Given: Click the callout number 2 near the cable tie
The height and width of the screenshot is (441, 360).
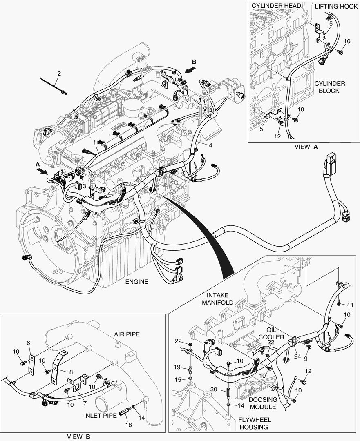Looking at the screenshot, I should tap(59, 74).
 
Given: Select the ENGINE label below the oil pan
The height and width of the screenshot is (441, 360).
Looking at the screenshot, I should tap(136, 282).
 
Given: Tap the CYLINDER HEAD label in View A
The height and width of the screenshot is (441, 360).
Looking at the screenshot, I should tap(276, 6).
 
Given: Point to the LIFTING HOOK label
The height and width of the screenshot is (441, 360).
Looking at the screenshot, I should tap(336, 7).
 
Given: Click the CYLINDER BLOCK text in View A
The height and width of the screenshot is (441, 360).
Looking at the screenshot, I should tap(329, 87).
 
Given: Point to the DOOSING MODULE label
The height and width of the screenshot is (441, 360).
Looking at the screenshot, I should tap(263, 403).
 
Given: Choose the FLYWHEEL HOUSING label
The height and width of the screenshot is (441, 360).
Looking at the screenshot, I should tap(255, 423).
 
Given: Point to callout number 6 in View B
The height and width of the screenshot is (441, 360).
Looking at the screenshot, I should tap(28, 343).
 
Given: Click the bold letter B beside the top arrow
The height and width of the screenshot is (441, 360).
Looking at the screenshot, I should tap(194, 62).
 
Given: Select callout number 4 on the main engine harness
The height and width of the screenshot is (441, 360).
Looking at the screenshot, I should tap(210, 145).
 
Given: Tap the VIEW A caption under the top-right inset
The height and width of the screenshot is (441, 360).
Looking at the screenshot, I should tap(306, 147).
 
